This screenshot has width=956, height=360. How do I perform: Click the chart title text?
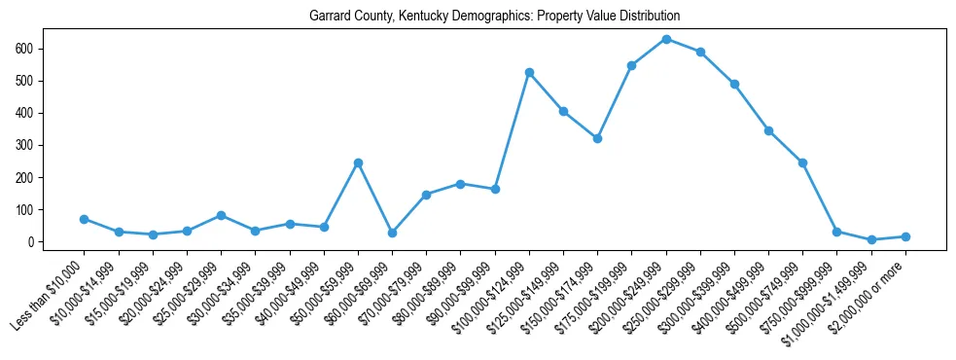(x=494, y=17)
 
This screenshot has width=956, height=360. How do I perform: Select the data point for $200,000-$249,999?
(x=666, y=39)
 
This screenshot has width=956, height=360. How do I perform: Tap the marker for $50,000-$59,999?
(x=358, y=162)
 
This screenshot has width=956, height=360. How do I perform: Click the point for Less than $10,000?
(x=85, y=219)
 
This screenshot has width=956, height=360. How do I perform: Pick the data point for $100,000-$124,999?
(x=529, y=72)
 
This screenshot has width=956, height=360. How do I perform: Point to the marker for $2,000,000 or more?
(x=905, y=236)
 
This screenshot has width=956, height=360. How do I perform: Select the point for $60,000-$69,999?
(x=392, y=233)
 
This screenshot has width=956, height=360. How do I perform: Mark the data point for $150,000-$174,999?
(x=597, y=138)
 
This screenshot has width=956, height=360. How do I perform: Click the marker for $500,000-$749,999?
(x=802, y=162)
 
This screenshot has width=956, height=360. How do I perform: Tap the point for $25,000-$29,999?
(x=222, y=215)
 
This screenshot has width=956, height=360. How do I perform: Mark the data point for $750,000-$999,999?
(x=836, y=232)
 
